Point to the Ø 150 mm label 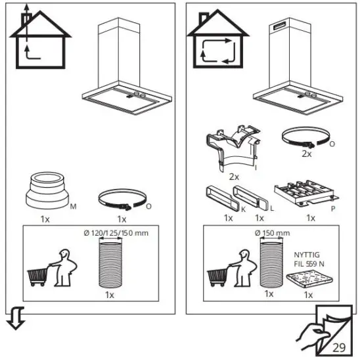272,234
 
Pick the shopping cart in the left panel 39,276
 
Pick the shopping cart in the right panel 219,276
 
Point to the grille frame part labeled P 309,193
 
